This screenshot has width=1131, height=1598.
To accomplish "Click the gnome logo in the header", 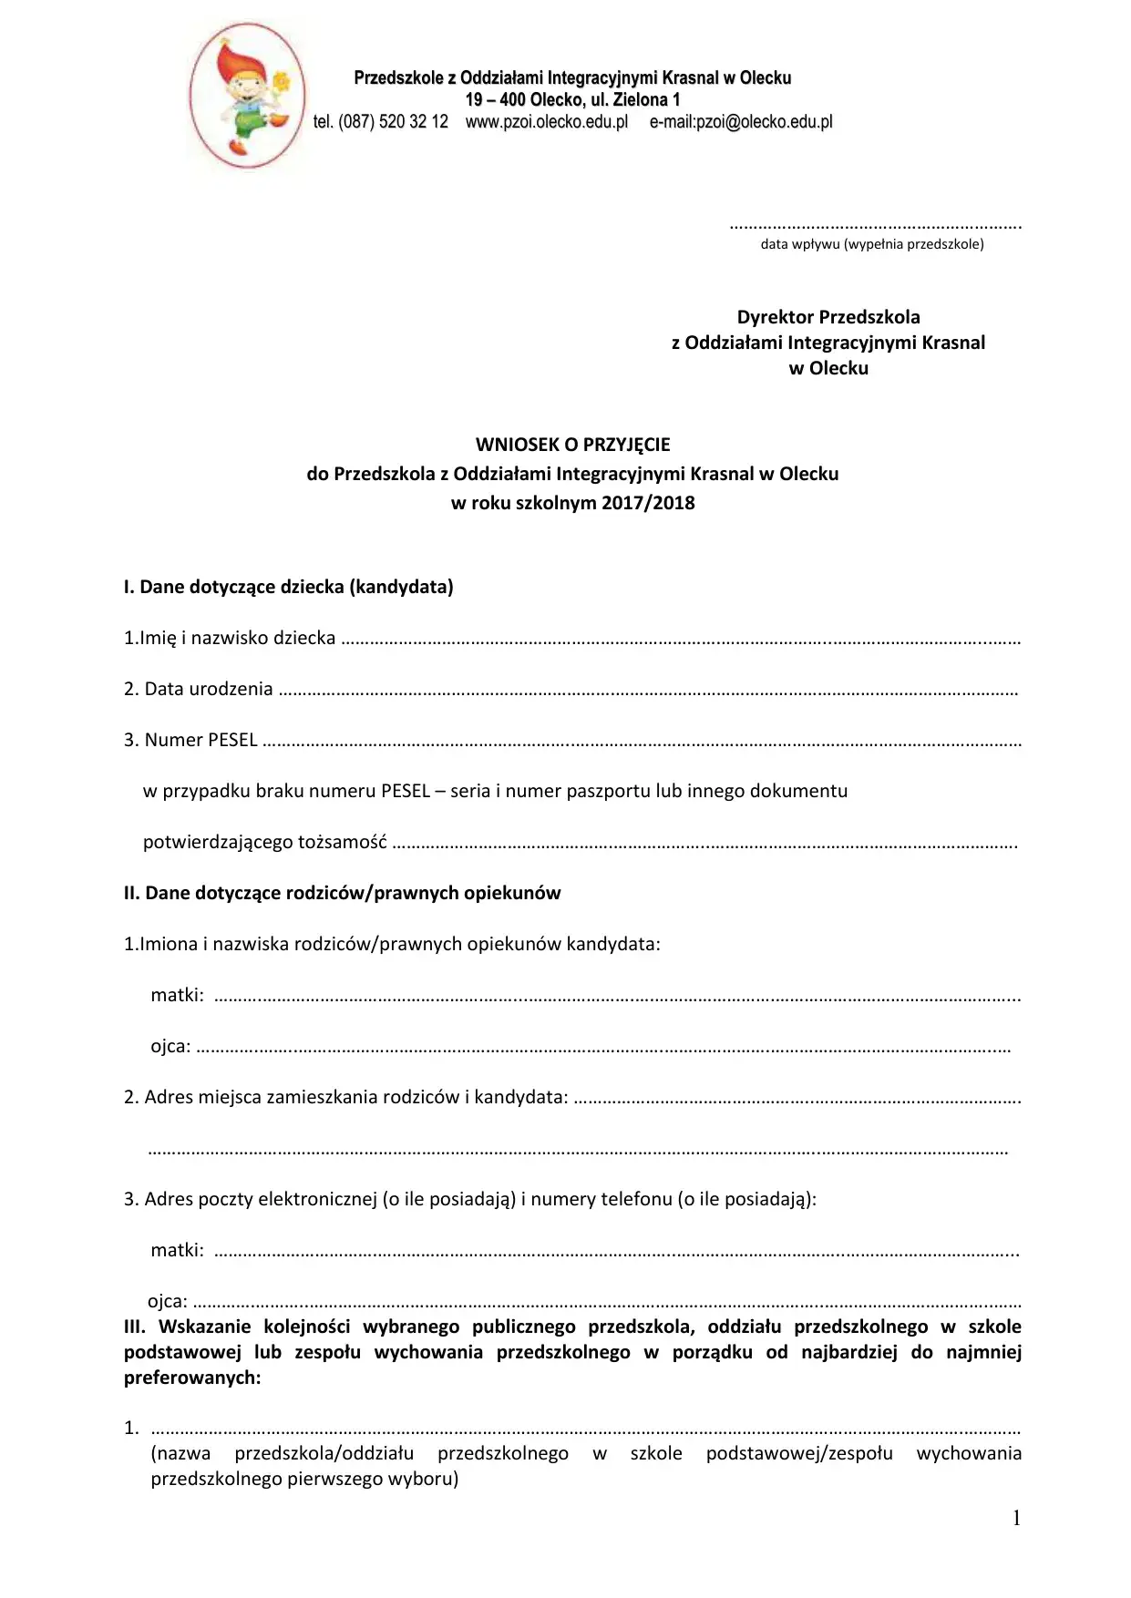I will point(247,96).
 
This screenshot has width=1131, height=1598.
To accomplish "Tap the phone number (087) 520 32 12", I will point(393,122).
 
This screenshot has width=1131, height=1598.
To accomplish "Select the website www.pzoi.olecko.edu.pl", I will point(547,122).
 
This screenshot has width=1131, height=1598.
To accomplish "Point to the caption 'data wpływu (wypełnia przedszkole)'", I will point(872,244).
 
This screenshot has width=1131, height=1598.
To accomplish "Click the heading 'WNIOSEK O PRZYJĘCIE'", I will point(572,445).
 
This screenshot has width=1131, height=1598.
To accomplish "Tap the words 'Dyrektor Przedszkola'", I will point(828,317).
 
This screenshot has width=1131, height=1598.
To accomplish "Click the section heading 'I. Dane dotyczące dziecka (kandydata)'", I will point(289,587).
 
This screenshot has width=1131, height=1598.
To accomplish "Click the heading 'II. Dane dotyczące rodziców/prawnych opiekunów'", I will point(342,893).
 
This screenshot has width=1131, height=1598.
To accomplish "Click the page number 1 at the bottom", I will point(1016,1518).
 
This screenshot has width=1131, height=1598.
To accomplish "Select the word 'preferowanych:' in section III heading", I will point(192,1378).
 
